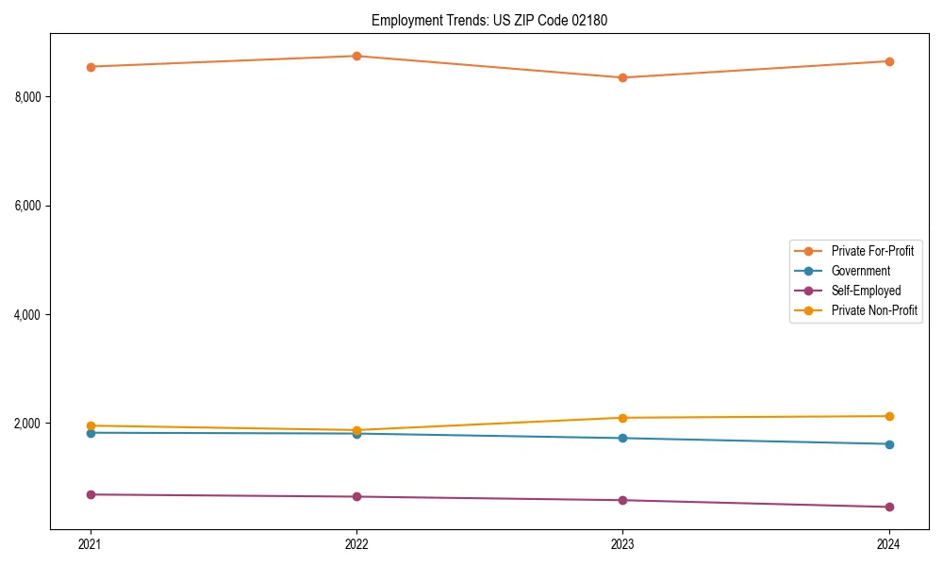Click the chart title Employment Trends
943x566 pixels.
488,20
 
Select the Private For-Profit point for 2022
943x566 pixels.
356,56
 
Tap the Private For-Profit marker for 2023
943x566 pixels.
622,77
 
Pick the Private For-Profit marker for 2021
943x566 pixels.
91,67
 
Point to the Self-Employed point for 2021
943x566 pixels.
91,494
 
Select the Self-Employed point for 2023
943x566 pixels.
622,500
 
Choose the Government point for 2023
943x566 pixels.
622,438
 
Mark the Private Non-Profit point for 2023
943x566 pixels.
622,418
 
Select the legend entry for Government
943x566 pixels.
860,271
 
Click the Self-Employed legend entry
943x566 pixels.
866,291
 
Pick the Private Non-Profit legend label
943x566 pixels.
874,310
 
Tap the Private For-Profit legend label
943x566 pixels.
872,251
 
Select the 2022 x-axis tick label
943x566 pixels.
356,543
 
